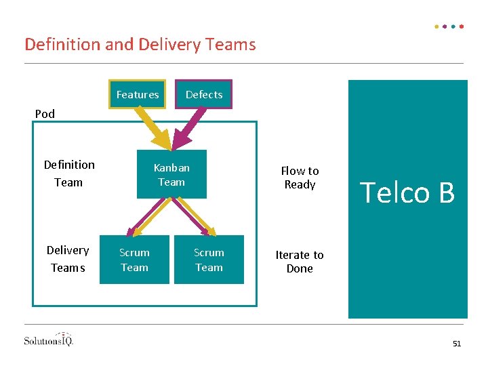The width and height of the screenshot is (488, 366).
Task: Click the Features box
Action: [137, 94]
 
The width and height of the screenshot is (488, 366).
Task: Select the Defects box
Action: [203, 94]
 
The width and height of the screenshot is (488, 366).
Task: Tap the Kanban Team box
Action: [171, 174]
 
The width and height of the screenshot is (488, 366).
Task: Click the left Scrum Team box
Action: [134, 260]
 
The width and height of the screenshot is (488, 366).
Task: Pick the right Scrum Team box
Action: [209, 260]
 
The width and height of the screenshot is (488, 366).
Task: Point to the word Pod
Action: [45, 114]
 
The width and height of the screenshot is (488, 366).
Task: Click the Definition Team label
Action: [69, 174]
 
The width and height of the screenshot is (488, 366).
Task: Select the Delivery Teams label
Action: [68, 259]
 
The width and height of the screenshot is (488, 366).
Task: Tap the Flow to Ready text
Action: [300, 178]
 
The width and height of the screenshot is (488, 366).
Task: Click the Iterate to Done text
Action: [300, 262]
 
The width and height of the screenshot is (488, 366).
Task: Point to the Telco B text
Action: [407, 192]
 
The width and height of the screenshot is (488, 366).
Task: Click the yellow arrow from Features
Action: [155, 128]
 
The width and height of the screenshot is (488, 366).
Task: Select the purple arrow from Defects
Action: [188, 128]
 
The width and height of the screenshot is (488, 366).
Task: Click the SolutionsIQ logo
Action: [49, 340]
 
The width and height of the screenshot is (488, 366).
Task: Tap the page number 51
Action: [457, 344]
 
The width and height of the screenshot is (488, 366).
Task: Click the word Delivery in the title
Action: [169, 45]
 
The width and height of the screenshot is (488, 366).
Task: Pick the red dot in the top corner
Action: [462, 26]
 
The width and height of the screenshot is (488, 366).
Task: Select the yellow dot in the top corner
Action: [436, 26]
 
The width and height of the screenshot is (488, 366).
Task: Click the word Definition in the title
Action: [62, 44]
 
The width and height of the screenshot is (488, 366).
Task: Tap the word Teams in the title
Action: [230, 44]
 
